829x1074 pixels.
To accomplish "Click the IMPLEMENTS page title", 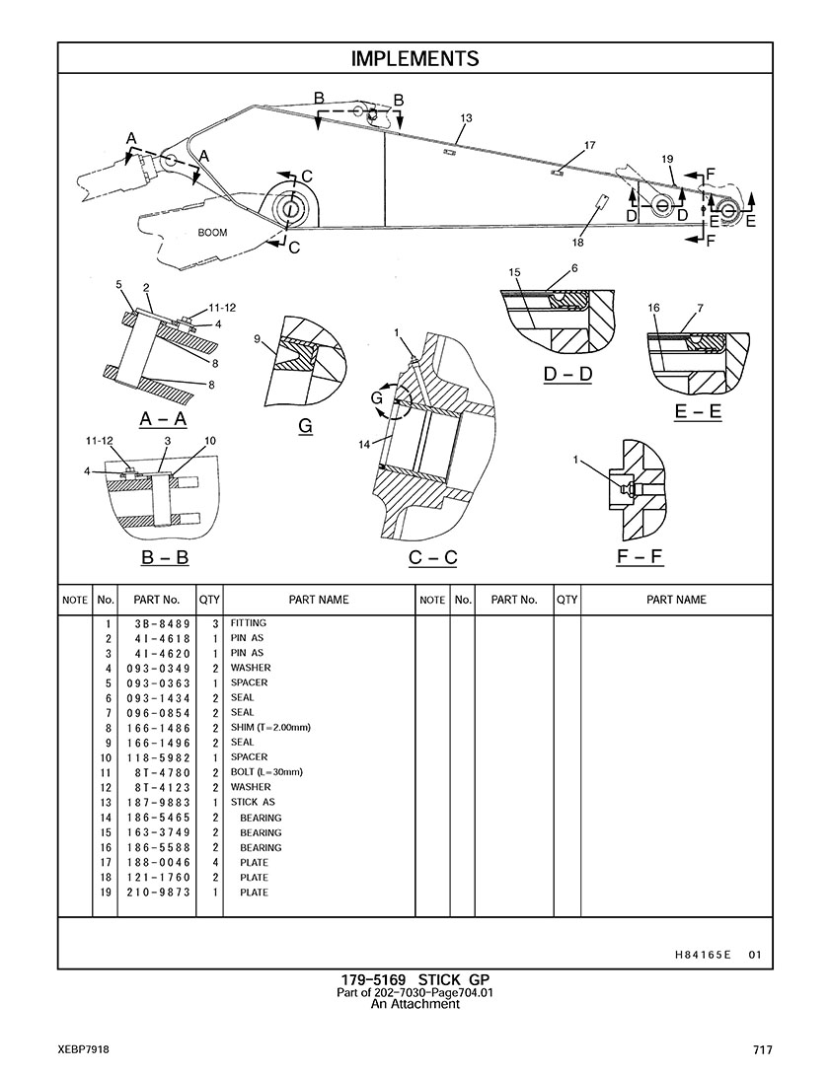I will pos(414,59).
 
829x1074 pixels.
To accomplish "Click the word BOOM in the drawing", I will pos(212,233).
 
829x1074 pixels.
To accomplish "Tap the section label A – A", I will pos(159,419).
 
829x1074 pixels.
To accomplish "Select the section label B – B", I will pos(165,557).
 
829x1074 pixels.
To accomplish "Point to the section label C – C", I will pos(433,558).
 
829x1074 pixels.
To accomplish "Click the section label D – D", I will pos(567,375).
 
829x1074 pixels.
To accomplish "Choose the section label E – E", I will pos(698,412).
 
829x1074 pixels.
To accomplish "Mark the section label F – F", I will pos(640,557).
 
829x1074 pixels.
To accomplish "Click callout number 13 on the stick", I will pos(466,118).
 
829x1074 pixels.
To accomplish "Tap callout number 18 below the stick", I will pos(578,243).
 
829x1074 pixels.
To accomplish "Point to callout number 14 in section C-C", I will pos(364,444).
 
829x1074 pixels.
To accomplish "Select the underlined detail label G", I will pos(305,426).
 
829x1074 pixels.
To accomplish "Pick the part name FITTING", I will pos(249,623).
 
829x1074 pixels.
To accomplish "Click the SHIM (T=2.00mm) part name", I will pos(270,728).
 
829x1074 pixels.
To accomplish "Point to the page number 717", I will pos(760,1049).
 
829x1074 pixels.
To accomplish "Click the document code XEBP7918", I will pos(83,1049).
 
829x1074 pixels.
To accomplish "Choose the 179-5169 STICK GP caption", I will pos(414,979).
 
